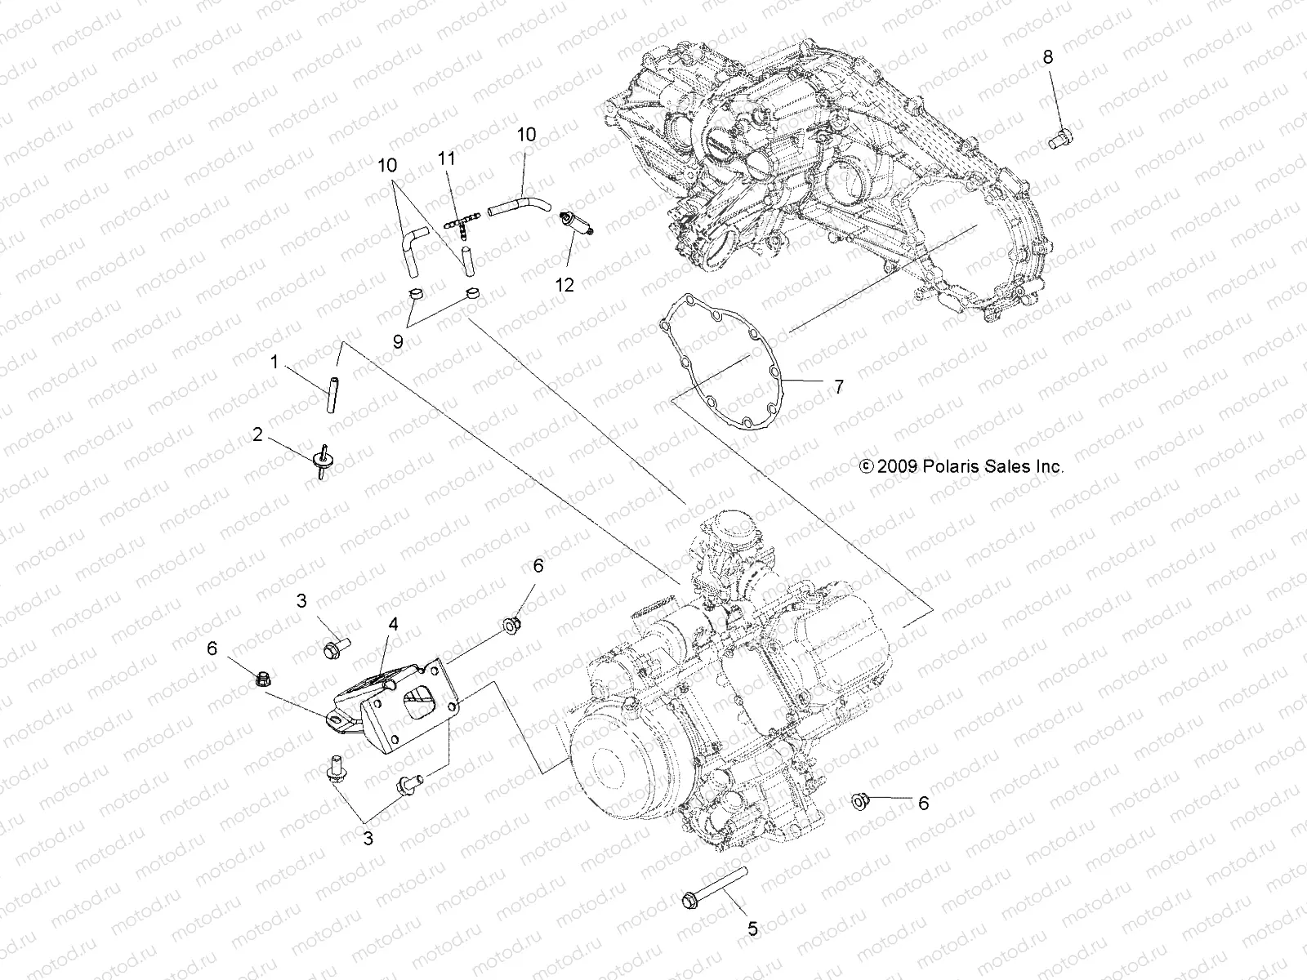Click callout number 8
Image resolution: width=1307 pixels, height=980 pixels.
(1047, 56)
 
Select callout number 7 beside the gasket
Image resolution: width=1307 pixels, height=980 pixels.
(838, 386)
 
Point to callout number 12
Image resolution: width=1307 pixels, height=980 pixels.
(564, 284)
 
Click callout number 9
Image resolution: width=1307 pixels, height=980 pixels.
(398, 341)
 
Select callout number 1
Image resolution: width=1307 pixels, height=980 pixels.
(274, 361)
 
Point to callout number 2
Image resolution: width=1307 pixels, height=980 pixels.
(258, 435)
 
